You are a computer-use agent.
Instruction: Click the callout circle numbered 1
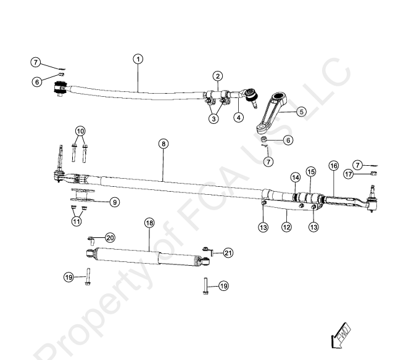click(x=138, y=59)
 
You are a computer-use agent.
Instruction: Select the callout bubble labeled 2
click(x=218, y=76)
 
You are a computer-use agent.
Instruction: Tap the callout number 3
click(x=213, y=119)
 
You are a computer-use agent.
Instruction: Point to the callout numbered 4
click(x=239, y=117)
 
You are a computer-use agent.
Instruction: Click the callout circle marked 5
click(x=300, y=112)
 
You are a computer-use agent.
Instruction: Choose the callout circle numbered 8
click(x=162, y=144)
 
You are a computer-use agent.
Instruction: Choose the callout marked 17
click(x=366, y=174)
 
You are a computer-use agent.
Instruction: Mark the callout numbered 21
click(x=228, y=253)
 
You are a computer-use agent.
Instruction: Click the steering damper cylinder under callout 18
click(x=148, y=253)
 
